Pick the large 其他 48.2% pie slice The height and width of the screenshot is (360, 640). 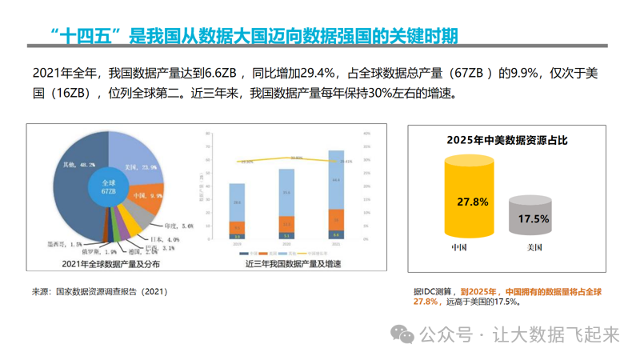point(76,172)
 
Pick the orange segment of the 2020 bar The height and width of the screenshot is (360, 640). point(286,224)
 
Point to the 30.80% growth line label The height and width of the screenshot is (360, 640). point(297,158)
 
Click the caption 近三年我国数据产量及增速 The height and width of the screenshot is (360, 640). point(285,263)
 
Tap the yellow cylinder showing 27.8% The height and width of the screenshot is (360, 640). point(473,200)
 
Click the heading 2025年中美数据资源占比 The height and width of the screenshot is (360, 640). point(502,139)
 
